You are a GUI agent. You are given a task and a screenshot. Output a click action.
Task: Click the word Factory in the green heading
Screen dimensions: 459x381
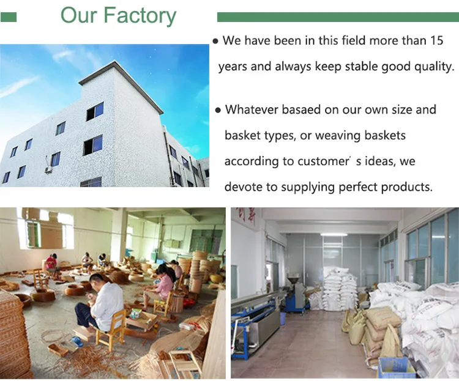(140, 15)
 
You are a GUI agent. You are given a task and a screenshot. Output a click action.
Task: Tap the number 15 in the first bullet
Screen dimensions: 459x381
(437, 40)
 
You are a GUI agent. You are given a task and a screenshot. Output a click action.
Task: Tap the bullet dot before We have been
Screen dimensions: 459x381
(216, 42)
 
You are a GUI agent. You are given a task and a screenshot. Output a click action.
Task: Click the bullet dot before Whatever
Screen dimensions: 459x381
(218, 111)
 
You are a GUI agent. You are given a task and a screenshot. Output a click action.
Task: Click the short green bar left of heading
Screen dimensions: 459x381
(9, 17)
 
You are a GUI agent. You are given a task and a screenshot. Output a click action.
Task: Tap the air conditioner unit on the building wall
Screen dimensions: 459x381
(48, 169)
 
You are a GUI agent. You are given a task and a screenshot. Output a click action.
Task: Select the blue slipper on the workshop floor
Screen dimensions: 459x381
(77, 341)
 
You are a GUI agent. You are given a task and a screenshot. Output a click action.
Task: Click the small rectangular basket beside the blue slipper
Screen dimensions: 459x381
(58, 349)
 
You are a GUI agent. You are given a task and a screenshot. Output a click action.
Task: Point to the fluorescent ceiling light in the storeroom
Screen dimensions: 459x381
(334, 234)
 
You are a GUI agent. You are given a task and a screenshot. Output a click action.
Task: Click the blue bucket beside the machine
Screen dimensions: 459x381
(283, 319)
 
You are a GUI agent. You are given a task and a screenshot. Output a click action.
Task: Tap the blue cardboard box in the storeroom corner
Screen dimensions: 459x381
(396, 368)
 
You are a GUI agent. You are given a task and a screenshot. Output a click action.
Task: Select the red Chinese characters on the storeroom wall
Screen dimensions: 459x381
(246, 216)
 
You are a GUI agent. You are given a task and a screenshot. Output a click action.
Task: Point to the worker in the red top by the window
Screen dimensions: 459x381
(51, 265)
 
